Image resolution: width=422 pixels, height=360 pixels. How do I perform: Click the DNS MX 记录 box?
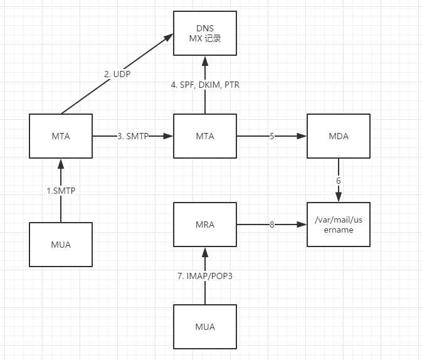205,33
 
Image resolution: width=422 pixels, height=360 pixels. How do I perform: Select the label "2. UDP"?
117,74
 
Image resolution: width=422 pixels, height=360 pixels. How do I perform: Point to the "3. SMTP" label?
133,136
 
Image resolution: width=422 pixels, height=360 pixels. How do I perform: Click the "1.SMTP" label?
61,191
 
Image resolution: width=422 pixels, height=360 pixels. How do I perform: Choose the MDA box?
339,136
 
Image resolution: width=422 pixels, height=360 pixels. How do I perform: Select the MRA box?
205,224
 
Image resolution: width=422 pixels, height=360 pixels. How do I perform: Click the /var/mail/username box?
339,225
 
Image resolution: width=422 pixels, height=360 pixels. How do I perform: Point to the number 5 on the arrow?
272,136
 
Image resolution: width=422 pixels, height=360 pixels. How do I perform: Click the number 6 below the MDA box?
339,181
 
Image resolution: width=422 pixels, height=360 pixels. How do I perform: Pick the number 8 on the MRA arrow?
272,224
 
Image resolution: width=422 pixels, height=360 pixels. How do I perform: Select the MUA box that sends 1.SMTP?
61,244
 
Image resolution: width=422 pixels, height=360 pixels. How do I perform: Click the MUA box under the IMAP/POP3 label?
205,327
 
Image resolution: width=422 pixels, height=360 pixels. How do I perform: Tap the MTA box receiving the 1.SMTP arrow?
61,136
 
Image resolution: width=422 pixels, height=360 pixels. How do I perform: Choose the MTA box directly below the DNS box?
205,136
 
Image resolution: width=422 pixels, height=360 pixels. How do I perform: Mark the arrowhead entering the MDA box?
302,136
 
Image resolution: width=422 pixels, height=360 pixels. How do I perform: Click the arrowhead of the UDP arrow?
169,38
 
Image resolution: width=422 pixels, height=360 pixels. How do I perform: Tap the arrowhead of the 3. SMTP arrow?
169,136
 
